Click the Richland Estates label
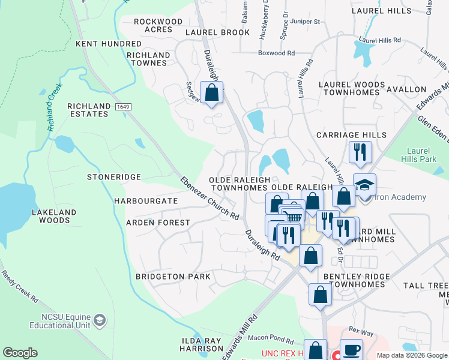pyautogui.click(x=89, y=110)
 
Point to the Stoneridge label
pyautogui.click(x=113, y=177)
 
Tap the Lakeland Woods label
pyautogui.click(x=55, y=216)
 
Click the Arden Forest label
pyautogui.click(x=157, y=223)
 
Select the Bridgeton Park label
pyautogui.click(x=173, y=277)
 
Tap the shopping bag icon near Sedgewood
pyautogui.click(x=211, y=92)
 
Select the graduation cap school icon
pyautogui.click(x=364, y=184)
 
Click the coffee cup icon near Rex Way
pyautogui.click(x=352, y=349)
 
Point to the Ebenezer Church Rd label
pyautogui.click(x=210, y=199)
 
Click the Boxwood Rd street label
pyautogui.click(x=276, y=53)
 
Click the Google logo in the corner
pyautogui.click(x=20, y=353)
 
